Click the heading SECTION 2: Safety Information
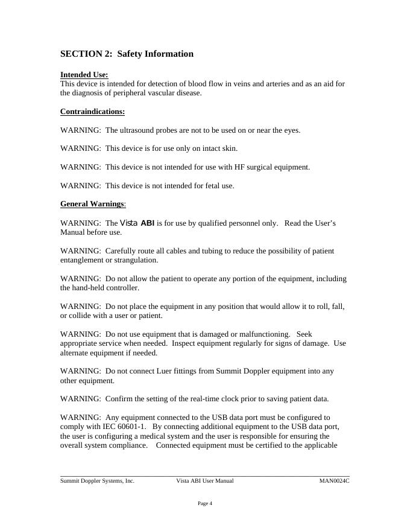[x=127, y=54]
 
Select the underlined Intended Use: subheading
[x=84, y=75]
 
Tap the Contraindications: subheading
[x=92, y=112]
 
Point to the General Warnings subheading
[x=92, y=204]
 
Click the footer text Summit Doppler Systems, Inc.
[x=97, y=481]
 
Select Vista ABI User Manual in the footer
[x=204, y=481]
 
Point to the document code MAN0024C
[x=334, y=481]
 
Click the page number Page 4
[x=204, y=503]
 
